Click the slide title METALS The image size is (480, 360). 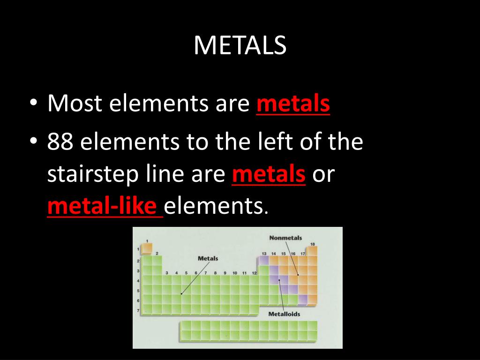point(240,45)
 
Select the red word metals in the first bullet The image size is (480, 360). point(293,104)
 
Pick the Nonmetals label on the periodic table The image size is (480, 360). point(285,238)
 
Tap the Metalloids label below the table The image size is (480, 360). point(284,314)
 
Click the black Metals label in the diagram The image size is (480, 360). point(208,258)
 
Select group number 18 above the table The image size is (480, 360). point(312,244)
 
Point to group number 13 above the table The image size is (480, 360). point(264,254)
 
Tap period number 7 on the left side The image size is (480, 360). point(138,310)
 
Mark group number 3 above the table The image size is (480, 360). point(167,273)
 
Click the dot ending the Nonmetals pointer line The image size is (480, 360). point(298,275)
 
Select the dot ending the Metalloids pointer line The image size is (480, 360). point(279,280)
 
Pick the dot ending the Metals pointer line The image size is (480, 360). point(181,294)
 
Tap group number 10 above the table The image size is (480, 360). point(234,273)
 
